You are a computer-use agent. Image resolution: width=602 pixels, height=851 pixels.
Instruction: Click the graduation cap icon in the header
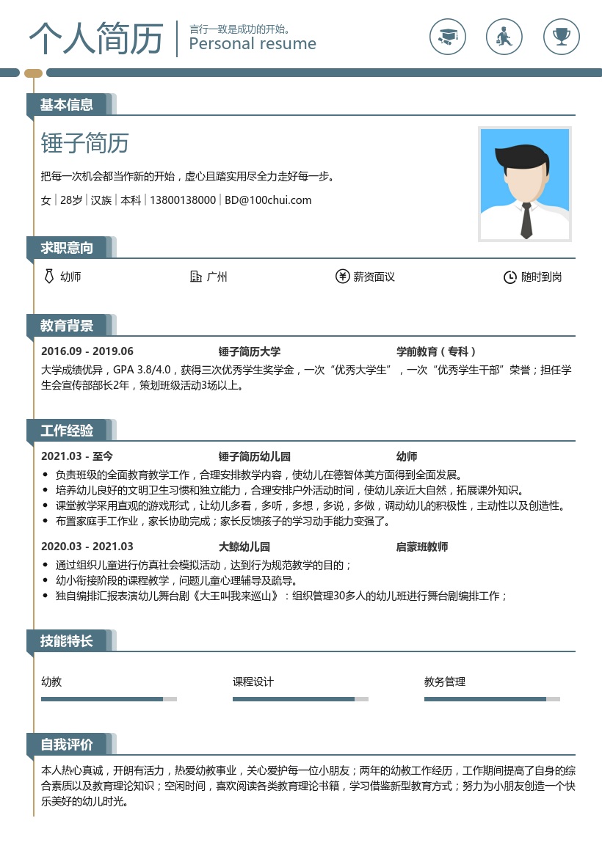(448, 36)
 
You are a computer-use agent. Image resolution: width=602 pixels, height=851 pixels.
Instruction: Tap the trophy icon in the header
(562, 36)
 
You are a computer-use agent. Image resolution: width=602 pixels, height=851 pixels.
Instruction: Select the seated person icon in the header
(504, 36)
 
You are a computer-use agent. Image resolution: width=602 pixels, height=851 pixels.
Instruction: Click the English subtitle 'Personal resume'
(253, 44)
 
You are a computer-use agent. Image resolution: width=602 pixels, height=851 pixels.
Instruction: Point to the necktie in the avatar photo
(526, 219)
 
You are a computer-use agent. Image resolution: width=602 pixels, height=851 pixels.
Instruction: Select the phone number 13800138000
(183, 200)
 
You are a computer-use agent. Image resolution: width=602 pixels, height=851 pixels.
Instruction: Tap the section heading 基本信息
(67, 105)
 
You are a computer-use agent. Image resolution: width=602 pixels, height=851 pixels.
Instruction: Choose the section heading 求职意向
(67, 248)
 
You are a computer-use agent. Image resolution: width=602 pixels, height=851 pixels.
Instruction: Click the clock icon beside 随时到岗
(509, 277)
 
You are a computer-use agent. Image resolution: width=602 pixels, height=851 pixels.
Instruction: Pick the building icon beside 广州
(196, 277)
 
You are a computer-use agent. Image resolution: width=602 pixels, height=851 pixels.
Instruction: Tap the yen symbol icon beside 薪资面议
(342, 277)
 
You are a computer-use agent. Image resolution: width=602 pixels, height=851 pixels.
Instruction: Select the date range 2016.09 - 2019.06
(87, 351)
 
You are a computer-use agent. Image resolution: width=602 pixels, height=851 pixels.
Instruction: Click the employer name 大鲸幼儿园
(244, 547)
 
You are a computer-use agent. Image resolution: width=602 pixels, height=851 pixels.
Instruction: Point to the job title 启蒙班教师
(422, 547)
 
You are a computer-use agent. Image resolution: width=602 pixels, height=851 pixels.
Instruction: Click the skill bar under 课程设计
(300, 699)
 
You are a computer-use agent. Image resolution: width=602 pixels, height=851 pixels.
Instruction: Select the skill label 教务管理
(445, 682)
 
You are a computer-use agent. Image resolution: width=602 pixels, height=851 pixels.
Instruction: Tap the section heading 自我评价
(67, 745)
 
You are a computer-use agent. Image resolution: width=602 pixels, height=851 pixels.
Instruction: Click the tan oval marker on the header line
(34, 73)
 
